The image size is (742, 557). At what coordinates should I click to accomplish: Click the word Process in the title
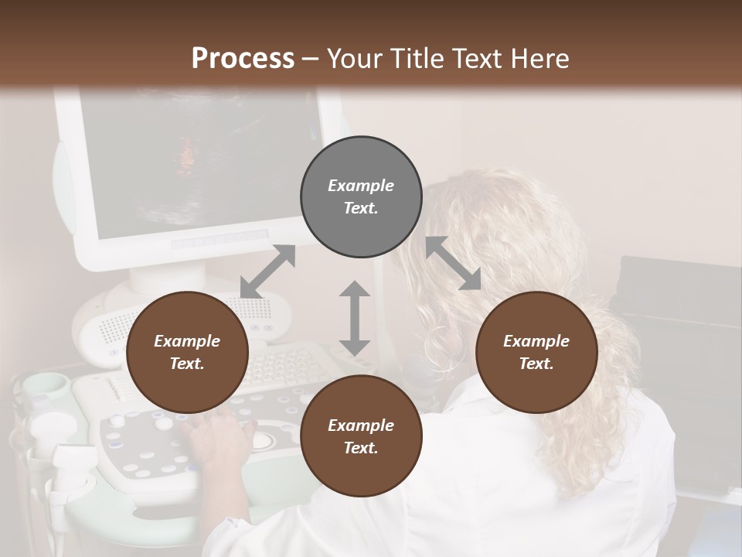coord(243,59)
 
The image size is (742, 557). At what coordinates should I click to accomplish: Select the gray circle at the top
coord(361,196)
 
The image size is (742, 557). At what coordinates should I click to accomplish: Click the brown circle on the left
coord(187,352)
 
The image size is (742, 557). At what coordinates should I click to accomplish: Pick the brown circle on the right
coord(536,352)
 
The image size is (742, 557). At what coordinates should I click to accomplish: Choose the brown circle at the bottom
coord(361,436)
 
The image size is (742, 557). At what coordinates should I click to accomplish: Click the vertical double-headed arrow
coord(355,318)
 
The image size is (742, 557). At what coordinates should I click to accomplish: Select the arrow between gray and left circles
coord(267,272)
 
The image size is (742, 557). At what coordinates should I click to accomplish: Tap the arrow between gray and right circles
coord(453,263)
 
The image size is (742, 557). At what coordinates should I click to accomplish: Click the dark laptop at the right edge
coord(680,325)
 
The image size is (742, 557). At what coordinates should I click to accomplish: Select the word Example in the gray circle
coord(361,186)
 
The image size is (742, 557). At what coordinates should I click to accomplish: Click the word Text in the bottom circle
coord(361,448)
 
